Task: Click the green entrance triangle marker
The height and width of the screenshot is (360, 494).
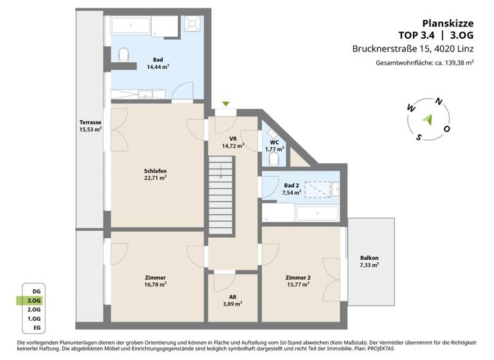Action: tap(225, 104)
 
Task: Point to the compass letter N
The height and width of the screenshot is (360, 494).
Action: tap(439, 101)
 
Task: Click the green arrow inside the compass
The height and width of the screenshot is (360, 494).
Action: tap(426, 118)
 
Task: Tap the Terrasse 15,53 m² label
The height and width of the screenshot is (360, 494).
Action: tap(89, 126)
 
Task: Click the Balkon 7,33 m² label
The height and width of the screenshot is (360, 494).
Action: tap(369, 261)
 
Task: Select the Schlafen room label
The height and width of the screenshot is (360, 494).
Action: tap(156, 174)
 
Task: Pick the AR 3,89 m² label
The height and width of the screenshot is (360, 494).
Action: tap(232, 299)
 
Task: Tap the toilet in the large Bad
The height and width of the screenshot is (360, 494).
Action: tap(125, 55)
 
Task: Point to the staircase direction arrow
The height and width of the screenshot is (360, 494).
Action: tap(221, 170)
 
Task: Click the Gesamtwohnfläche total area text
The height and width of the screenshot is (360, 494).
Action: tap(425, 63)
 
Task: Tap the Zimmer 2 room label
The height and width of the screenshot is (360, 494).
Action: tap(297, 280)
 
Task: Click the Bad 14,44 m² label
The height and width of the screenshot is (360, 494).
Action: tap(158, 63)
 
